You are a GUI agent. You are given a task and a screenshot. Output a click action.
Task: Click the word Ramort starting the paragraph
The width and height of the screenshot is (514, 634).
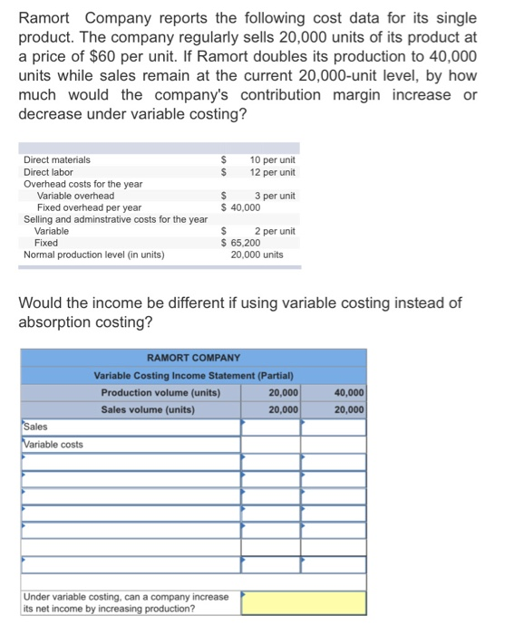46,18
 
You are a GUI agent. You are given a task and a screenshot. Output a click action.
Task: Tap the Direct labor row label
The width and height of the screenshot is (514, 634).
48,172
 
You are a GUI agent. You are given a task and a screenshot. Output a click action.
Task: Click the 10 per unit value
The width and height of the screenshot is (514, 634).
272,160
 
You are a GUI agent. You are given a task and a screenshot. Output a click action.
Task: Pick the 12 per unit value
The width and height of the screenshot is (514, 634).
272,172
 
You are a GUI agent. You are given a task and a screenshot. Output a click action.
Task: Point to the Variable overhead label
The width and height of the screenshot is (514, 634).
75,196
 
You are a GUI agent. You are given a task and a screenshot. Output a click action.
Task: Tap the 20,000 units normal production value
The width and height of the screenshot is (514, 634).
257,255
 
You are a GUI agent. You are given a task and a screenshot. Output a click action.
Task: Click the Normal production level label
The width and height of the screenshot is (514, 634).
93,255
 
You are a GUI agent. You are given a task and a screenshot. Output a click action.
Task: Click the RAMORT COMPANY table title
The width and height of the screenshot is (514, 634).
193,359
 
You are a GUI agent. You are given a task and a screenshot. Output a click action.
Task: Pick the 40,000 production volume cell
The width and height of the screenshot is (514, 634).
349,393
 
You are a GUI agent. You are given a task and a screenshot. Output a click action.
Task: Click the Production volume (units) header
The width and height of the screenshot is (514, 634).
160,393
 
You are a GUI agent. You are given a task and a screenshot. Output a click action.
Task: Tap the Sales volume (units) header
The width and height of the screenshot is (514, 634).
148,410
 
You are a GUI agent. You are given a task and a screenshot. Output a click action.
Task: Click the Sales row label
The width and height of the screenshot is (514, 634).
36,427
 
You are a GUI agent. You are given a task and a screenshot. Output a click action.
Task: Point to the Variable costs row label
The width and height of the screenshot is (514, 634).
53,444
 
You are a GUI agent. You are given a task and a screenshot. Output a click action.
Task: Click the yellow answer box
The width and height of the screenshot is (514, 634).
304,602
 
